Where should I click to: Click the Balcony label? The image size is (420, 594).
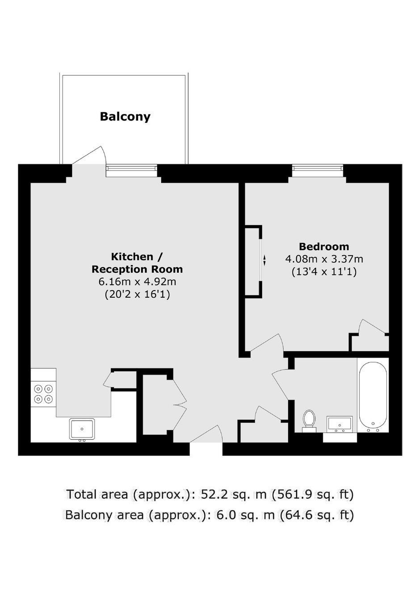click(x=125, y=117)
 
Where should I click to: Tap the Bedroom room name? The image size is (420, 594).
click(x=324, y=246)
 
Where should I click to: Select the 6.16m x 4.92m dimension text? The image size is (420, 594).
click(x=137, y=282)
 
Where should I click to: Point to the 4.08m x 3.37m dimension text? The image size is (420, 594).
click(x=324, y=258)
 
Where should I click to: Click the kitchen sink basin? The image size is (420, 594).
click(x=82, y=429)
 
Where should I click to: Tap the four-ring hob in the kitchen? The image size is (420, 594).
click(x=43, y=394)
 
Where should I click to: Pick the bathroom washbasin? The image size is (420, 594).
click(x=340, y=424)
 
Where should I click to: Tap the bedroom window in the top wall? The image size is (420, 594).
click(x=318, y=170)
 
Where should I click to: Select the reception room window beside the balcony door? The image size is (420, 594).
click(x=132, y=170)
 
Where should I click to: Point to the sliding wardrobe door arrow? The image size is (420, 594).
click(x=264, y=260)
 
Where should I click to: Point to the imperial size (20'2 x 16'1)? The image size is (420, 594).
click(x=137, y=295)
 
